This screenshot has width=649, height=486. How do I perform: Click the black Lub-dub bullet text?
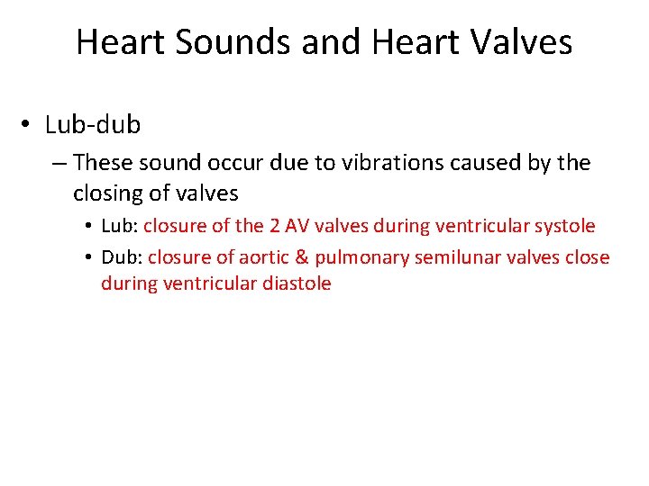point(93,124)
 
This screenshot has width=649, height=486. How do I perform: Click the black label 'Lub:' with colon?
point(119,226)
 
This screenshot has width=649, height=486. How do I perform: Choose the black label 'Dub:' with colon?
point(122,257)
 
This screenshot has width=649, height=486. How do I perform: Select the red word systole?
point(565,226)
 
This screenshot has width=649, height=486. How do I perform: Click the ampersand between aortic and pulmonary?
point(301,257)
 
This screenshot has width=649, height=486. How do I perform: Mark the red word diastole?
point(297,283)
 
